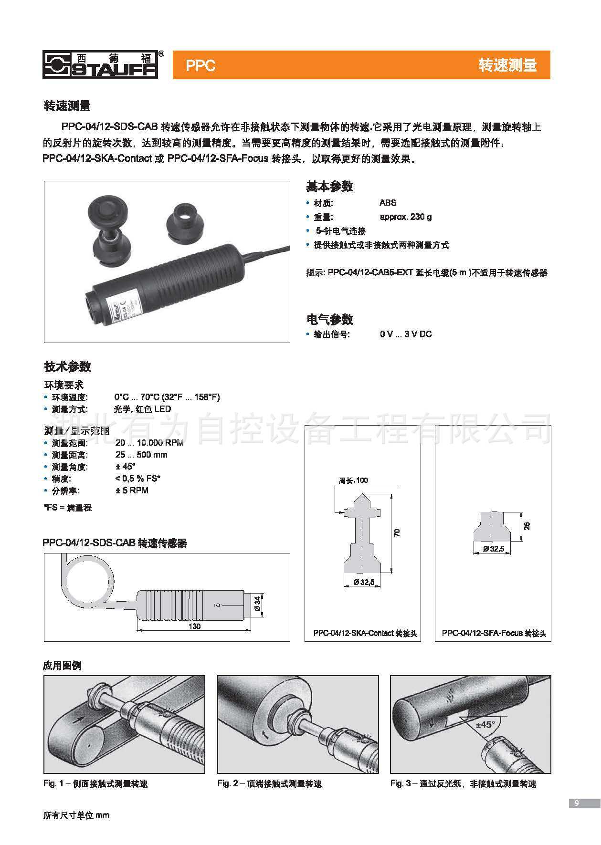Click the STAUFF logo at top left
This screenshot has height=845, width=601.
coord(100,64)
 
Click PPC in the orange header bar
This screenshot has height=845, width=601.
coord(200,65)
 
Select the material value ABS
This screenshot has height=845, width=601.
coord(388,203)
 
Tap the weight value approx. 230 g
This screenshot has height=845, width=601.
coord(405,217)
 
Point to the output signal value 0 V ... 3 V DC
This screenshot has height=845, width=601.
coord(405,334)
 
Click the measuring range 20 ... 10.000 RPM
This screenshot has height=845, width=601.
coord(149,443)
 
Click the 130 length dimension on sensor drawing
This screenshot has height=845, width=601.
coord(194,626)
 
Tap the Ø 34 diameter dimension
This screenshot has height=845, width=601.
coord(257,605)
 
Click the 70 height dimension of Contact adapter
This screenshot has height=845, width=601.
coord(397,533)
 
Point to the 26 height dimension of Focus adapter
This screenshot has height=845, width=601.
coord(527,526)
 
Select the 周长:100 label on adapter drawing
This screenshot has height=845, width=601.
coord(353,480)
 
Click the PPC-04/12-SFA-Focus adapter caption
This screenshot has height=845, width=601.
coord(494,634)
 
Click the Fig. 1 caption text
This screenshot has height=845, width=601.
coord(95,783)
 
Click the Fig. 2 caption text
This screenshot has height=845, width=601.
coord(269,783)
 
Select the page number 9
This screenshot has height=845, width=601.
coord(577,803)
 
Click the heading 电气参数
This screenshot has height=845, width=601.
coord(329,319)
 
